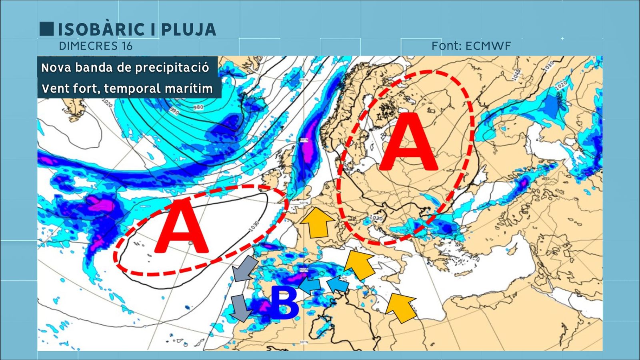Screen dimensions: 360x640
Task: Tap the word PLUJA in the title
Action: (188, 30)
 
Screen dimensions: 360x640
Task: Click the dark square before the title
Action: (46, 29)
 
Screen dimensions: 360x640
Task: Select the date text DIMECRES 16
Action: (96, 46)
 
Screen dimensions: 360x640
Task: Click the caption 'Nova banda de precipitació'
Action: (125, 68)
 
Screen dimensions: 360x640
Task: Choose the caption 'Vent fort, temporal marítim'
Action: (127, 88)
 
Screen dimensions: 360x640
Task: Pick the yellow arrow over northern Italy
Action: (360, 264)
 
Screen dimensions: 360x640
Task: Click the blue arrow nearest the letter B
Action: (310, 286)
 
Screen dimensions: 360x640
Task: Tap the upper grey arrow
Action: (245, 268)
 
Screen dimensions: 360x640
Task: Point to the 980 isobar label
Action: (198, 107)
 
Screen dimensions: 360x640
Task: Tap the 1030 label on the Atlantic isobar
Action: (254, 226)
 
